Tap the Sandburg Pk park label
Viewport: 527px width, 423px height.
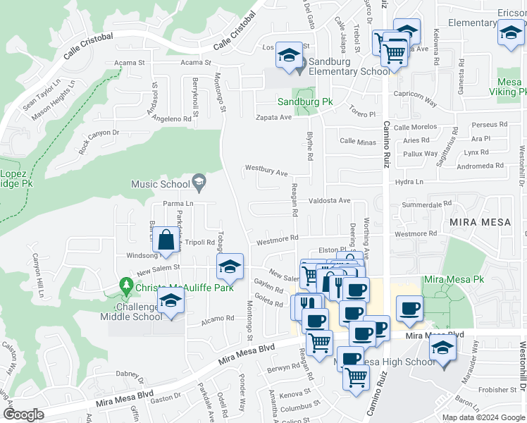pos(304,102)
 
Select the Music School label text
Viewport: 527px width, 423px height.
pos(161,184)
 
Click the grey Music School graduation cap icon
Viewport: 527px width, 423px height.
pos(199,183)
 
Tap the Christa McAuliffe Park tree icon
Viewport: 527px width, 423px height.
pos(127,286)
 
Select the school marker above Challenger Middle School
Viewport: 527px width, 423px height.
pos(170,300)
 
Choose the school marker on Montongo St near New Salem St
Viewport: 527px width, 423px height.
pos(230,266)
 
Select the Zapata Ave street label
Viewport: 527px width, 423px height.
pos(273,117)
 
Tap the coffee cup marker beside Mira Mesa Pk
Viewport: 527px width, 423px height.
pos(409,307)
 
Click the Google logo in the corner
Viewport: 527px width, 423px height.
pos(23,415)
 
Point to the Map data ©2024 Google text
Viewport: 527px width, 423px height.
pos(483,417)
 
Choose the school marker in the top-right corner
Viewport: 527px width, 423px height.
pos(510,32)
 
